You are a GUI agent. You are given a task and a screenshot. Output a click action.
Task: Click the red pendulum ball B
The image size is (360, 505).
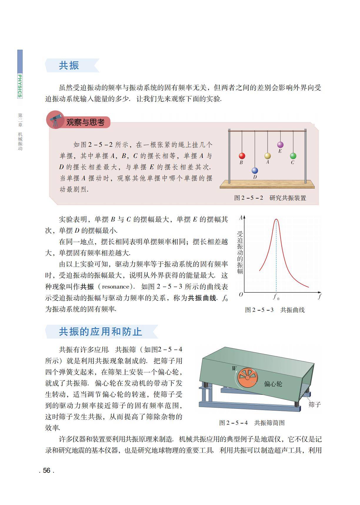(x=242, y=156)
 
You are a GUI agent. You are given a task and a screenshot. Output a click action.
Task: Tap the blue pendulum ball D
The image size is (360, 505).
(x=255, y=171)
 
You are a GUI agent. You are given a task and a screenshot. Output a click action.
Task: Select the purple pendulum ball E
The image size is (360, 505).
(x=280, y=145)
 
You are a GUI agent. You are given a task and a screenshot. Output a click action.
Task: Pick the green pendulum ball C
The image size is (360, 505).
(x=293, y=156)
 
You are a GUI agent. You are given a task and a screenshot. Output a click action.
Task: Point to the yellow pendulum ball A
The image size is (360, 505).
(x=267, y=156)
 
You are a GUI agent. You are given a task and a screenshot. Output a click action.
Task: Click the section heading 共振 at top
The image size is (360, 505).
(x=69, y=65)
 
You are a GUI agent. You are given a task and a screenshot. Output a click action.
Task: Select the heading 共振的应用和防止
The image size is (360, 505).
(x=101, y=332)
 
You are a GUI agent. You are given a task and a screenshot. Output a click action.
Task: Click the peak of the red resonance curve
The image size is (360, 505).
(x=276, y=219)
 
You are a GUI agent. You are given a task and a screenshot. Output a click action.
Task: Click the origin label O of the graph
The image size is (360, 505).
(x=241, y=294)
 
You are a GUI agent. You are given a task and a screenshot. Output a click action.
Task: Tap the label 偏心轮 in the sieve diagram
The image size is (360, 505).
(x=273, y=384)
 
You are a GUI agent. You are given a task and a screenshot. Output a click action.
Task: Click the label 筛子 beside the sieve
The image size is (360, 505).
(x=315, y=404)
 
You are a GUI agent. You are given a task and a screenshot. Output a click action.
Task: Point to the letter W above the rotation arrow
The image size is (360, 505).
(x=234, y=369)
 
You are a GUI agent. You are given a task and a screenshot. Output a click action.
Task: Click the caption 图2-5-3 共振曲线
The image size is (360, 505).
(x=275, y=310)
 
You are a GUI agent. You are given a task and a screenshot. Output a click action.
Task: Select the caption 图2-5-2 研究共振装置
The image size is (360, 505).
(x=270, y=198)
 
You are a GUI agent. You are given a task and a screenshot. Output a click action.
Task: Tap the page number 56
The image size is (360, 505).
(x=46, y=470)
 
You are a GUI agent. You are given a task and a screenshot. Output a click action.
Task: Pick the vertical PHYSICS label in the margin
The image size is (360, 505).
(x=20, y=86)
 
